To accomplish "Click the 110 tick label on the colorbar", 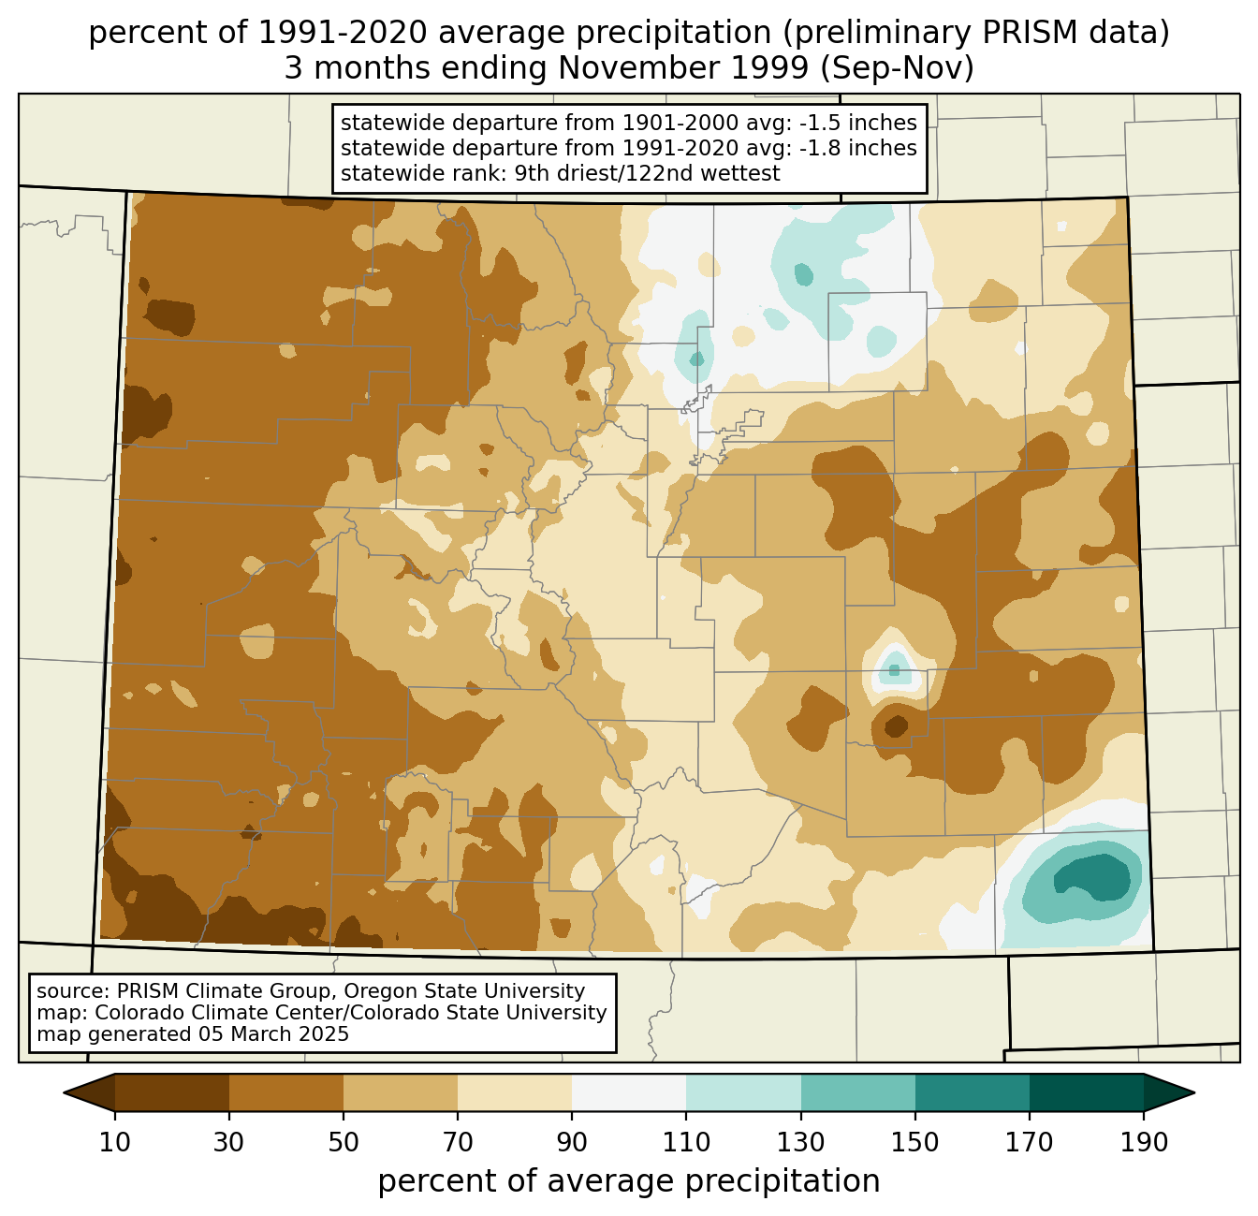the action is coord(686,1142).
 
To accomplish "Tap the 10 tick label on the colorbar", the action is coord(115,1142).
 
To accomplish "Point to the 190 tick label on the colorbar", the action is coord(1144,1142).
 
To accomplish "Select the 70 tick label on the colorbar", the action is coord(458,1142).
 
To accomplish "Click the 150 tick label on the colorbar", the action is coord(914,1142).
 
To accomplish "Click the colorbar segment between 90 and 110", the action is coord(629,1093).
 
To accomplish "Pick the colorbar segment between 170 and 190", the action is coord(1086,1093).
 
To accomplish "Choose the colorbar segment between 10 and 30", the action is coord(172,1093).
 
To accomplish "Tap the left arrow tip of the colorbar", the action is coord(64,1093).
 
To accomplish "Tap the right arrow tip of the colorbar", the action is coord(1194,1093).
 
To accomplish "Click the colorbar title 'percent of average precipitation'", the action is coord(629,1181).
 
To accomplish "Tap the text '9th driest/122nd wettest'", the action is coord(647,173).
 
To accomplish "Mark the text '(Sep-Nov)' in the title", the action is coord(897,68).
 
